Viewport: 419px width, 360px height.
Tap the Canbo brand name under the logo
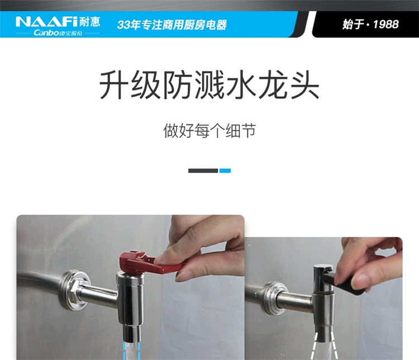point(46,33)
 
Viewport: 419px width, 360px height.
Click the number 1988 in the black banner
point(385,25)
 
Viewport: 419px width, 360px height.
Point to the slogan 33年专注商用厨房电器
point(172,25)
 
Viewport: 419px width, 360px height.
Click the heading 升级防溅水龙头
point(209,85)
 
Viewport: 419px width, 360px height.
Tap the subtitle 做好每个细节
point(209,130)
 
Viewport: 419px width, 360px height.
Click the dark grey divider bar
point(203,170)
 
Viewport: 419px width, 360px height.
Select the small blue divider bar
point(225,170)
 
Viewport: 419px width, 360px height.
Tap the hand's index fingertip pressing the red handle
point(161,259)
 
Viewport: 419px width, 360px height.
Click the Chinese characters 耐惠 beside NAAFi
point(89,22)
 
